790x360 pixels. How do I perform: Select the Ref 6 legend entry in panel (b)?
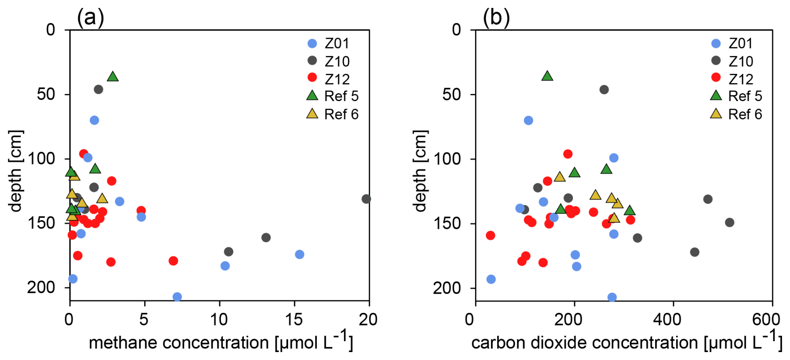pyautogui.click(x=737, y=114)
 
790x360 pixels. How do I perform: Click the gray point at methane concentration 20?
pyautogui.click(x=366, y=199)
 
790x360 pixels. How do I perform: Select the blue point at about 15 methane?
pyautogui.click(x=299, y=254)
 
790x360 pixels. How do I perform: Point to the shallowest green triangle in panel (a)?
pyautogui.click(x=112, y=76)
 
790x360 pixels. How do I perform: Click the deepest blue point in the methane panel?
pyautogui.click(x=177, y=297)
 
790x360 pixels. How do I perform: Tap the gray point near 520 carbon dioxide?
pyautogui.click(x=729, y=223)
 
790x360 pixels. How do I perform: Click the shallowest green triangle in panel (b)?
pyautogui.click(x=547, y=76)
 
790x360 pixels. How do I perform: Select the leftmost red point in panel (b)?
pyautogui.click(x=491, y=236)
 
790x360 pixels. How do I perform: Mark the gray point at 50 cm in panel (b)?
pyautogui.click(x=604, y=90)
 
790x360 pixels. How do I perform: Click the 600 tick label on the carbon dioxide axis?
pyautogui.click(x=766, y=319)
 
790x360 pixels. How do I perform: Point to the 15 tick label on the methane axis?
pyautogui.click(x=294, y=319)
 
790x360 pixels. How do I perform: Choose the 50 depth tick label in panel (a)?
pyautogui.click(x=46, y=94)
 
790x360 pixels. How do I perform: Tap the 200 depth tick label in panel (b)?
pyautogui.click(x=447, y=288)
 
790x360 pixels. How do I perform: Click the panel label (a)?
pyautogui.click(x=90, y=18)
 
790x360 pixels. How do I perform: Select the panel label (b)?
pyautogui.click(x=496, y=18)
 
